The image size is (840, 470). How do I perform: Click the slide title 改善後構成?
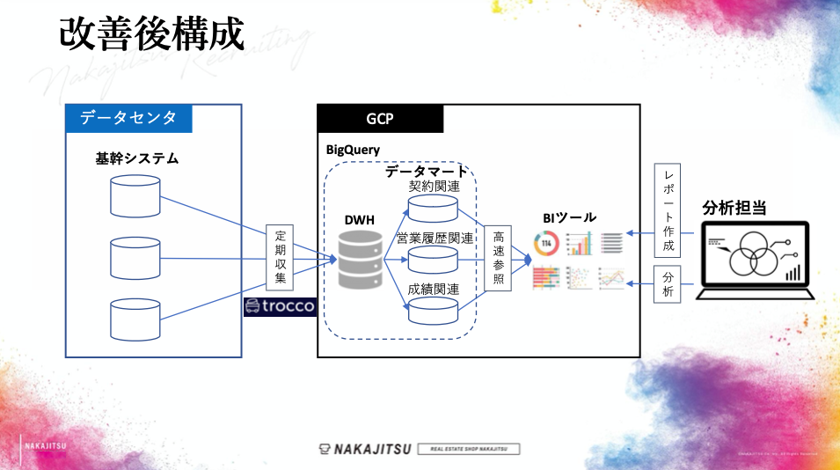[150, 33]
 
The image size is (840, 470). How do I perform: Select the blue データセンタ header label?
[128, 118]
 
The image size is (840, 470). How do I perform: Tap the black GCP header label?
[380, 119]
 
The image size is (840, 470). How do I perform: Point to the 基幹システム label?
[137, 159]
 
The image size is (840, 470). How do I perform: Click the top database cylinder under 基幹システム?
[135, 195]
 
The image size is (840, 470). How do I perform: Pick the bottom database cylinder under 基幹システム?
[135, 319]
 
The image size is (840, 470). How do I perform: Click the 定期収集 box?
[281, 257]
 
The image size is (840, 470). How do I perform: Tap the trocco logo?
[279, 306]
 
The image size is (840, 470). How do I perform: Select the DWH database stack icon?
[361, 260]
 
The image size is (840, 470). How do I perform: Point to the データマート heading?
[427, 170]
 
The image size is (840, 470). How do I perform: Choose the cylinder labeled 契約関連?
[433, 208]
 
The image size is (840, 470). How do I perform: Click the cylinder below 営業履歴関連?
[433, 259]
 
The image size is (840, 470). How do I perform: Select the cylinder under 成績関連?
[433, 309]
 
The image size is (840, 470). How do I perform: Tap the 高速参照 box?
[498, 258]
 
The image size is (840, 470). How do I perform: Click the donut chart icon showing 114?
[545, 242]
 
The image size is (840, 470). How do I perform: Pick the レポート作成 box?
[668, 209]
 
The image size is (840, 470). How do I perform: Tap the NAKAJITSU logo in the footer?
[373, 449]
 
